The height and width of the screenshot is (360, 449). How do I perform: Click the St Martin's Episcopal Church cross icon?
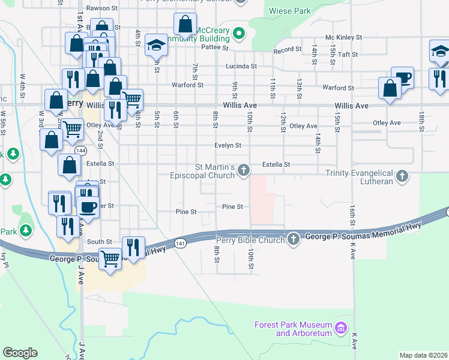pos(244,170)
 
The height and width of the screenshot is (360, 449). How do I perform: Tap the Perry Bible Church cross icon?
pos(294,239)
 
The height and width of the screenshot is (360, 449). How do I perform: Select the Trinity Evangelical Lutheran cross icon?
pos(402,177)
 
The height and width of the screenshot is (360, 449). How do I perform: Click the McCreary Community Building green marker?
pos(238,33)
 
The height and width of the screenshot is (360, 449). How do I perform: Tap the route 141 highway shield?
pos(180,243)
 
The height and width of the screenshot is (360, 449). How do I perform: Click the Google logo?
pos(20,353)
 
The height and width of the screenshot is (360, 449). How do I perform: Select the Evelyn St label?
pos(228,145)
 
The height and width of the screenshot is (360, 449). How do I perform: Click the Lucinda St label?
pos(241,66)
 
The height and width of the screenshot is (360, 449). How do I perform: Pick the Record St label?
pos(287,49)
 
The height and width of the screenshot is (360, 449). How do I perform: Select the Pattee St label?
pos(215,47)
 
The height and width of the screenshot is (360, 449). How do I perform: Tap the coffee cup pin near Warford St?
pos(402,78)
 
